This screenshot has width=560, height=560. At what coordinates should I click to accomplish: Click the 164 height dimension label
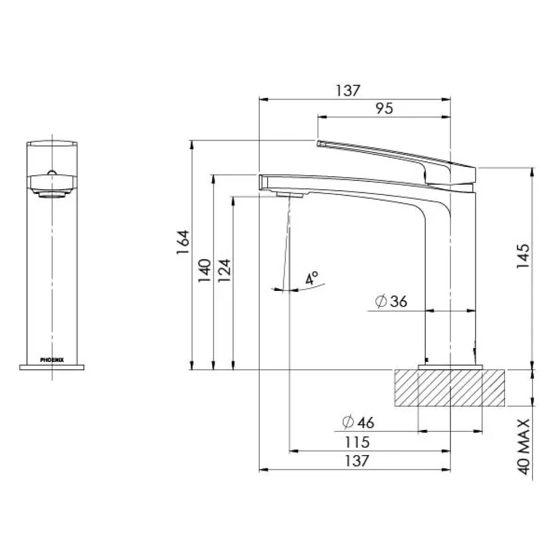pyautogui.click(x=183, y=242)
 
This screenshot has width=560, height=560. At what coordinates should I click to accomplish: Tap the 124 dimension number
pyautogui.click(x=224, y=270)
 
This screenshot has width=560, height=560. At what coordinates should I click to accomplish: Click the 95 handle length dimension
pyautogui.click(x=384, y=108)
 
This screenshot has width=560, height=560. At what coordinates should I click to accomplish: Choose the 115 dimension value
pyautogui.click(x=358, y=442)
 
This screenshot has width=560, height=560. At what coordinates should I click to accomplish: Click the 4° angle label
pyautogui.click(x=312, y=278)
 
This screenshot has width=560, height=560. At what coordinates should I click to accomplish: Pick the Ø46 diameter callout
pyautogui.click(x=358, y=423)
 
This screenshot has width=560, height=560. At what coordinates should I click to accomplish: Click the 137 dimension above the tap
pyautogui.click(x=347, y=90)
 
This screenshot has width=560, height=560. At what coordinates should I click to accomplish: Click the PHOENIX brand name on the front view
pyautogui.click(x=52, y=359)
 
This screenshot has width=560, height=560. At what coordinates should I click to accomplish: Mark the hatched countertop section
pyautogui.click(x=449, y=387)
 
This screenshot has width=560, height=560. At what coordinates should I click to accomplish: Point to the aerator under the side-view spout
pyautogui.click(x=290, y=194)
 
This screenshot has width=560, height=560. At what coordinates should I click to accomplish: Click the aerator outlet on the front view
pyautogui.click(x=52, y=195)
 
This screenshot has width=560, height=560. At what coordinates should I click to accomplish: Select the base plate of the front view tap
pyautogui.click(x=52, y=367)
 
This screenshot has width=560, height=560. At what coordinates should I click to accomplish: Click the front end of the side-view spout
pyautogui.click(x=262, y=181)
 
